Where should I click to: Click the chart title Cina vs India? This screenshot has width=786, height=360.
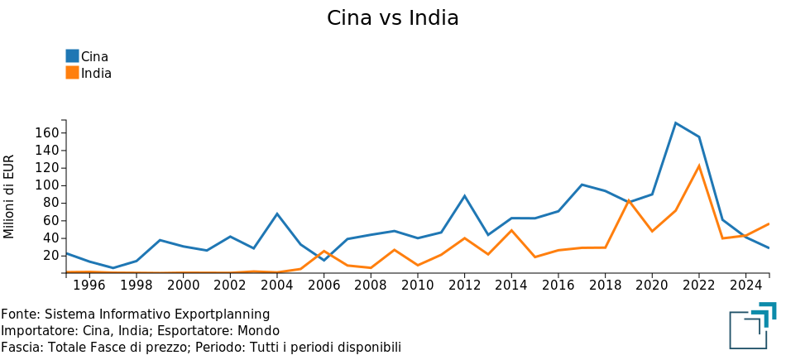pyautogui.click(x=392, y=18)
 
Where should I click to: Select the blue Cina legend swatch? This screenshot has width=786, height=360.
pyautogui.click(x=72, y=56)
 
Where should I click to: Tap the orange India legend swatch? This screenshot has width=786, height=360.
pyautogui.click(x=72, y=73)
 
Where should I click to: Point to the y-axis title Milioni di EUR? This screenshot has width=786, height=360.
pyautogui.click(x=10, y=196)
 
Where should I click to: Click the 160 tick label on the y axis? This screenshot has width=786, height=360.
pyautogui.click(x=47, y=133)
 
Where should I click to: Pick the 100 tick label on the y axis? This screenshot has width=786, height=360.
pyautogui.click(x=47, y=185)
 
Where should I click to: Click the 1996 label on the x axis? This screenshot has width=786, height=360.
pyautogui.click(x=89, y=286)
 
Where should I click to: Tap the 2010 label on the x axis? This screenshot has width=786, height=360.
pyautogui.click(x=417, y=286)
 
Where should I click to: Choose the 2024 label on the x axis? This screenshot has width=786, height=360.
pyautogui.click(x=745, y=286)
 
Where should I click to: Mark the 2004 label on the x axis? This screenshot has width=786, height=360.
pyautogui.click(x=276, y=286)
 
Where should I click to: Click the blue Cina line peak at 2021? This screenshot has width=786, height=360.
pyautogui.click(x=676, y=123)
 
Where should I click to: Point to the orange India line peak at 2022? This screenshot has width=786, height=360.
pyautogui.click(x=699, y=166)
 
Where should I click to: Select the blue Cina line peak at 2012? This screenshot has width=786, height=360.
pyautogui.click(x=464, y=196)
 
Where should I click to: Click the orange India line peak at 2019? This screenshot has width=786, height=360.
pyautogui.click(x=629, y=200)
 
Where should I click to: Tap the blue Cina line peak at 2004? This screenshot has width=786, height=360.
pyautogui.click(x=277, y=214)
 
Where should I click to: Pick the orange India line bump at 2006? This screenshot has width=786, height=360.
pyautogui.click(x=324, y=251)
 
